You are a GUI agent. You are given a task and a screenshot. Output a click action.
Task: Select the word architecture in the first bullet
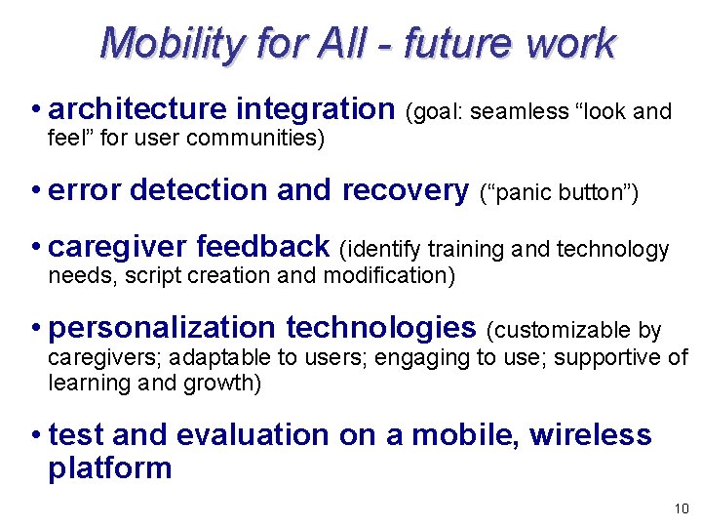(137, 109)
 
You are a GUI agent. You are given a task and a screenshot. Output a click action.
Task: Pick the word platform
(109, 467)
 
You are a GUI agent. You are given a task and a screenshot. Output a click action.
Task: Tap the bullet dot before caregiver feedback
(35, 246)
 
